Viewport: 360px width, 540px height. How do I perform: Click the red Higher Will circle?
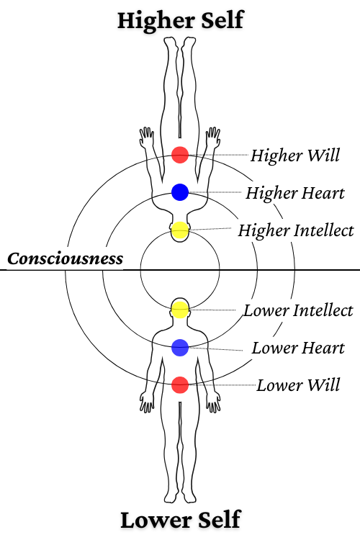(x=180, y=155)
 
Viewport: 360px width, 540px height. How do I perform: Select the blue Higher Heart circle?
(x=180, y=192)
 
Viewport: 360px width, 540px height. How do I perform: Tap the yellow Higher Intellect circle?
(x=180, y=230)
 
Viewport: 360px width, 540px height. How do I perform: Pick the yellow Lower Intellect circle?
(x=180, y=310)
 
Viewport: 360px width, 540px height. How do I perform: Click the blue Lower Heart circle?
(x=180, y=348)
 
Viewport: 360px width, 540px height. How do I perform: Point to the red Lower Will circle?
(x=180, y=384)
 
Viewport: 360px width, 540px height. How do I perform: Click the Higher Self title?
(x=181, y=21)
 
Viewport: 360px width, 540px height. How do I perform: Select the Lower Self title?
(x=181, y=520)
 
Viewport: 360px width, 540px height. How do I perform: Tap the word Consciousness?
(x=65, y=258)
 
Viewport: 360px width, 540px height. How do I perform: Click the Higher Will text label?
(x=295, y=156)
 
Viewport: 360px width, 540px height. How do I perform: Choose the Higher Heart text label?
(x=295, y=193)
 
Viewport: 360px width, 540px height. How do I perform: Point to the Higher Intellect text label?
(x=296, y=230)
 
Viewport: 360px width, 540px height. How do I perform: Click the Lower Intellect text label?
(x=298, y=310)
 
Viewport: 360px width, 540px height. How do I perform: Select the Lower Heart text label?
(x=298, y=348)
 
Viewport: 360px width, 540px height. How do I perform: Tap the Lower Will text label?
(x=298, y=385)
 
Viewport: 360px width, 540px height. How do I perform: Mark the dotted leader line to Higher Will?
(x=218, y=155)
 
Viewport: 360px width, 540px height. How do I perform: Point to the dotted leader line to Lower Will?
(x=222, y=384)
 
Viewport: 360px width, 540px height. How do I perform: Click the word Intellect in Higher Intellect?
(x=323, y=230)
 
